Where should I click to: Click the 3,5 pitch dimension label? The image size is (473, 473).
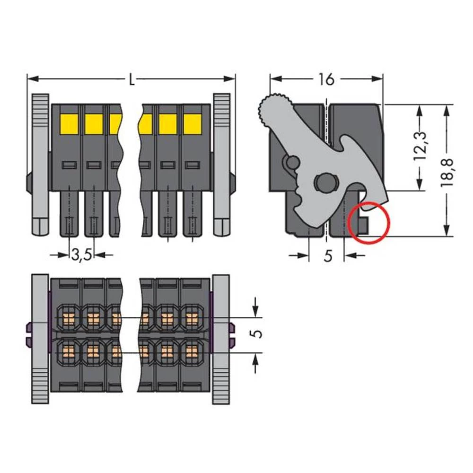pyautogui.click(x=82, y=255)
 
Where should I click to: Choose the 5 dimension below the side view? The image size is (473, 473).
pyautogui.click(x=327, y=256)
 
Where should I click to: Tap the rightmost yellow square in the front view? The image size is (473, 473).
pyautogui.click(x=192, y=124)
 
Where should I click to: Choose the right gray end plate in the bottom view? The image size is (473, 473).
pyautogui.click(x=221, y=338)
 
